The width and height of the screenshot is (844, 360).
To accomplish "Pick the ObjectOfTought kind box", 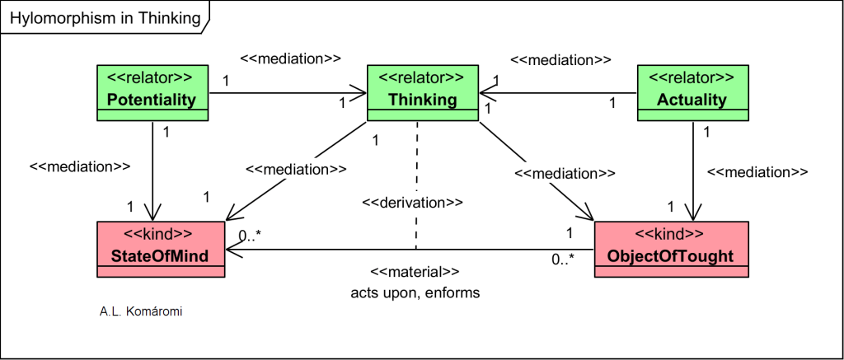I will (x=670, y=249).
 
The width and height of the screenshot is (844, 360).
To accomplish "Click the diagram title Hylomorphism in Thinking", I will (x=104, y=17).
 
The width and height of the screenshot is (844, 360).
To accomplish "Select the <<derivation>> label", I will (x=412, y=202).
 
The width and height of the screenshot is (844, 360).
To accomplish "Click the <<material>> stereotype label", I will (x=415, y=272).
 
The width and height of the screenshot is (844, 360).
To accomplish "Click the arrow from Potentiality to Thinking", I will (x=288, y=92).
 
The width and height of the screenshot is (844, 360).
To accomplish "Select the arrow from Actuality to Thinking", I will (x=560, y=92).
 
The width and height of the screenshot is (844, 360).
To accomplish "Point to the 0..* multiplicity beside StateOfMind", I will (x=250, y=236).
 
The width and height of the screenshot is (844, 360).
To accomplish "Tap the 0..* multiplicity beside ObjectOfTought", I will (x=563, y=261).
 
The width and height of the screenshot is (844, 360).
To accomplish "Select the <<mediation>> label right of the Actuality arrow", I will (x=757, y=172).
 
